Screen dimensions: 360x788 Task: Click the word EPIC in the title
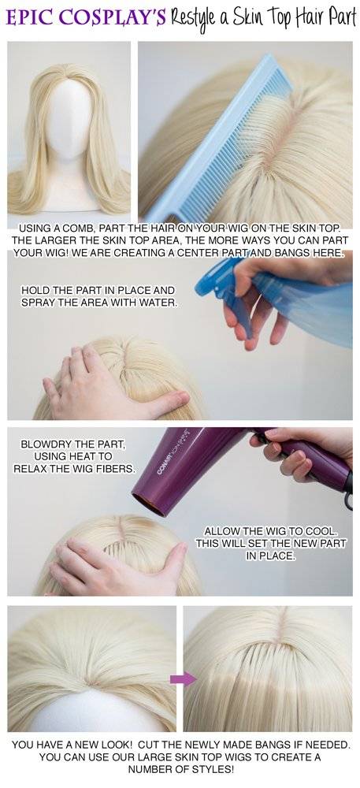(27, 18)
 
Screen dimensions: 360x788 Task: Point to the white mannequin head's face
(69, 121)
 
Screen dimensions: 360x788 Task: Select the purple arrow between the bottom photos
(183, 679)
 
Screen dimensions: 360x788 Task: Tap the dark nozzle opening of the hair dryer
(148, 504)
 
